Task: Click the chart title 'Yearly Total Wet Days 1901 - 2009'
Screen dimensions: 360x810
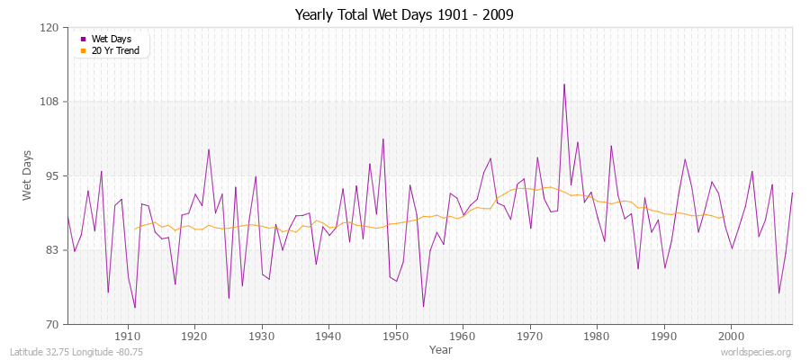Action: [x=404, y=15]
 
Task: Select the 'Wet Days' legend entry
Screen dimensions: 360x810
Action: [x=111, y=39]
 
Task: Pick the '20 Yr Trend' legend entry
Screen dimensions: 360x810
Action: [x=114, y=50]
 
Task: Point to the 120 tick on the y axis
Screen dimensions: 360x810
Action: [x=50, y=28]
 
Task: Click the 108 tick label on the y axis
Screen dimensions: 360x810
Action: [x=50, y=102]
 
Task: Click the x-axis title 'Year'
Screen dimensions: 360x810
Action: [x=441, y=349]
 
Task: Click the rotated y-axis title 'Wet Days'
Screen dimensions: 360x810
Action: [x=28, y=175]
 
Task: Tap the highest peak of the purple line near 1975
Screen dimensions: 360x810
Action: [x=564, y=85]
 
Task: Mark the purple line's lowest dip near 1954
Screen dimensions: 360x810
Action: [x=423, y=307]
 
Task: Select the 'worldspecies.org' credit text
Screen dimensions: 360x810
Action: [x=757, y=352]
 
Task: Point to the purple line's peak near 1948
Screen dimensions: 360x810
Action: [x=382, y=139]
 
